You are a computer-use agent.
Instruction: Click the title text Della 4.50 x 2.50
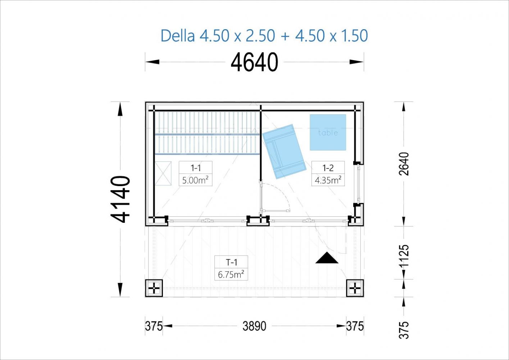pos(218,36)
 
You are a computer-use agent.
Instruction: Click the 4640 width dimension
pos(254,62)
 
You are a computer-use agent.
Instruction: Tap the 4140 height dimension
pos(121,199)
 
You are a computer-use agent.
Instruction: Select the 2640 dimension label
pos(404,164)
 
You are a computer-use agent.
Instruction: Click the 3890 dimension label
pos(254,326)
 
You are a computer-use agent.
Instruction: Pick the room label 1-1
pos(196,168)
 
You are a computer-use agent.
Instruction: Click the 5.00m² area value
pos(195,180)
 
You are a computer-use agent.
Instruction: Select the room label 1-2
pos(328,168)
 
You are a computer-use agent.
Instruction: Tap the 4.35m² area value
pos(328,180)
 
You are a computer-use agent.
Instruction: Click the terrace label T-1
pos(232,262)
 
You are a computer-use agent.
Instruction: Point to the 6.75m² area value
pos(231,275)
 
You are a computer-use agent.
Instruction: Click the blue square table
pos(328,132)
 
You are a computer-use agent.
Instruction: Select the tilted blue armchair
pos(284,151)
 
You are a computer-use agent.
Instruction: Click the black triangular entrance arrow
pos(327,258)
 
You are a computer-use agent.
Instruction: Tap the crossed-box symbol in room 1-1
pos(163,173)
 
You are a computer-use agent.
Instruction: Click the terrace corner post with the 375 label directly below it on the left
pos(154,288)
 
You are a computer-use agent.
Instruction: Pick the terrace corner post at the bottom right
pos(355,288)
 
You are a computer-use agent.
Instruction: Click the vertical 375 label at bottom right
pos(404,330)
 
